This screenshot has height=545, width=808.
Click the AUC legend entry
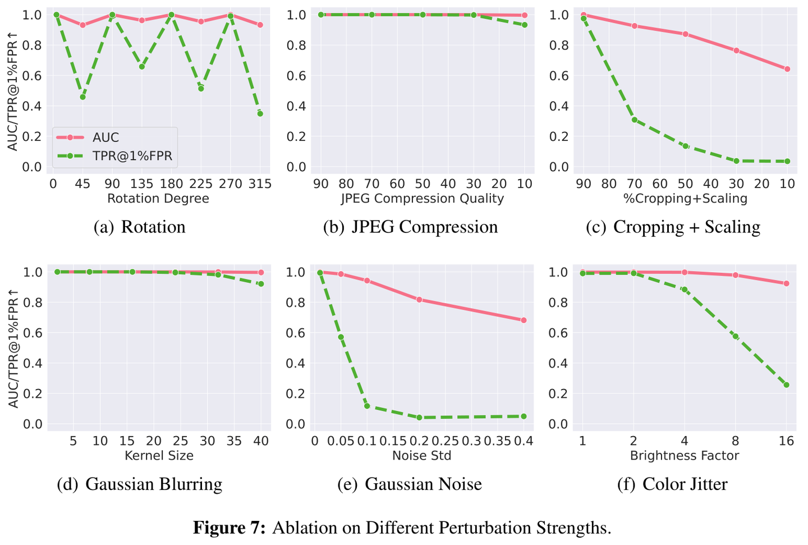105,138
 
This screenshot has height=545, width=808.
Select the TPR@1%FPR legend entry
132,156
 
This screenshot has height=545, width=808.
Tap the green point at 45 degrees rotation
82,97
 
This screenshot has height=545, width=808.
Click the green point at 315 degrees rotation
260,113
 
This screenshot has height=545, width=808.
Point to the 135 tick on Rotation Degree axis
141,184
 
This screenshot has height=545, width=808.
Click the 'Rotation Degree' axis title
158,199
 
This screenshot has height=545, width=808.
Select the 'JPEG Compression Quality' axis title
422,199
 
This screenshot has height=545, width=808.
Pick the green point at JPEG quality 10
525,25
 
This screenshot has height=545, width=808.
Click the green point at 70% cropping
635,120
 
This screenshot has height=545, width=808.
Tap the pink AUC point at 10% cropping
787,69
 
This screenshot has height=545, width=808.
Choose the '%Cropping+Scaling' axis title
685,199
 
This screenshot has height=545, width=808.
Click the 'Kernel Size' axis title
159,456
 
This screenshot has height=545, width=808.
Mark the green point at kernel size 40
260,284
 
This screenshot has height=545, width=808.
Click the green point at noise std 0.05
341,337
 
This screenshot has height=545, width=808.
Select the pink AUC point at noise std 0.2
419,300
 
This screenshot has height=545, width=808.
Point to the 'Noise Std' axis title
421,456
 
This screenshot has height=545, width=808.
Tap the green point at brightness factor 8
736,336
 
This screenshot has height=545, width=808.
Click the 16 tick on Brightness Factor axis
787,441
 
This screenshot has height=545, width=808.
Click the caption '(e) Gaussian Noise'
410,484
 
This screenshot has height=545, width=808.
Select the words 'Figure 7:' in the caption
229,528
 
